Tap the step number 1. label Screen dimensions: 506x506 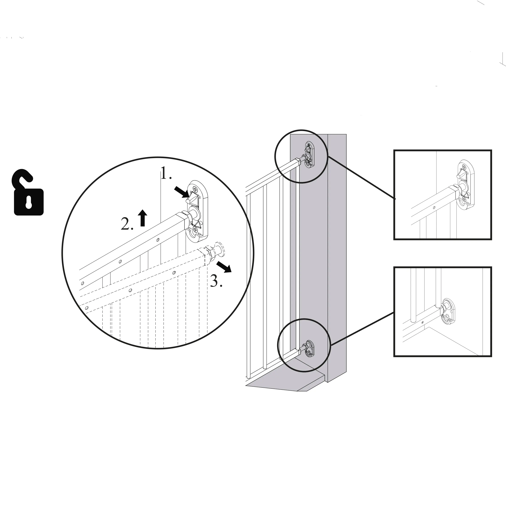tap(166, 173)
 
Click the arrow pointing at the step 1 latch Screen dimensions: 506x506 tap(182, 191)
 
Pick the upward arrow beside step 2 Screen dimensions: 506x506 tap(142, 218)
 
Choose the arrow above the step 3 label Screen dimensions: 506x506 tap(224, 266)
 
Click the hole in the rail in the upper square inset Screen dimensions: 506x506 tap(434, 208)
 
